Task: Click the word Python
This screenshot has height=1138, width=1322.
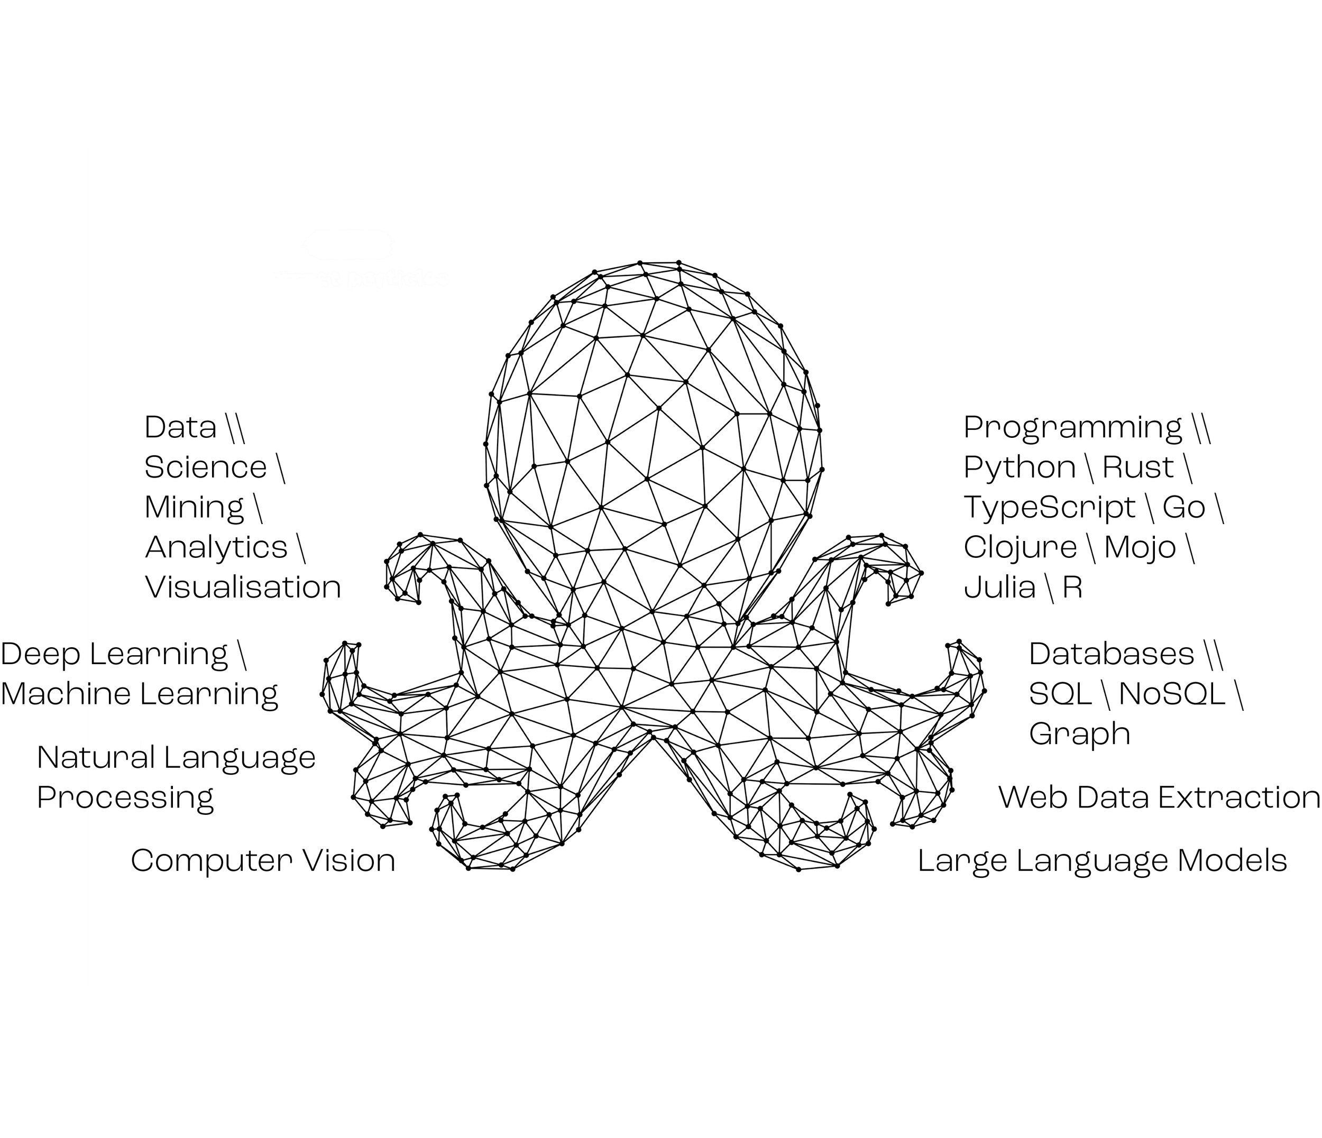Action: pyautogui.click(x=1019, y=467)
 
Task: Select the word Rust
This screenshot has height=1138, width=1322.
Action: pyautogui.click(x=1137, y=467)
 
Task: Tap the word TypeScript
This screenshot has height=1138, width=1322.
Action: pyautogui.click(x=1050, y=508)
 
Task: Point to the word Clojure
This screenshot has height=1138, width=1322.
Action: pyautogui.click(x=1020, y=547)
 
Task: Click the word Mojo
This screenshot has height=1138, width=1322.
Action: pyautogui.click(x=1140, y=547)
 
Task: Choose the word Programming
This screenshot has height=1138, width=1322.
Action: pyautogui.click(x=1072, y=427)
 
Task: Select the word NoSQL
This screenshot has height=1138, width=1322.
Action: pyautogui.click(x=1172, y=693)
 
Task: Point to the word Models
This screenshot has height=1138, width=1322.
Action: pyautogui.click(x=1232, y=860)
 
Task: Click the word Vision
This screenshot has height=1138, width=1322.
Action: pyautogui.click(x=348, y=860)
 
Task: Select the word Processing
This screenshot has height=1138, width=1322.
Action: pyautogui.click(x=125, y=797)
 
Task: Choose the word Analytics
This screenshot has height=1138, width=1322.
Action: pyautogui.click(x=216, y=547)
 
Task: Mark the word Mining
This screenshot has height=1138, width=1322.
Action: pyautogui.click(x=194, y=508)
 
